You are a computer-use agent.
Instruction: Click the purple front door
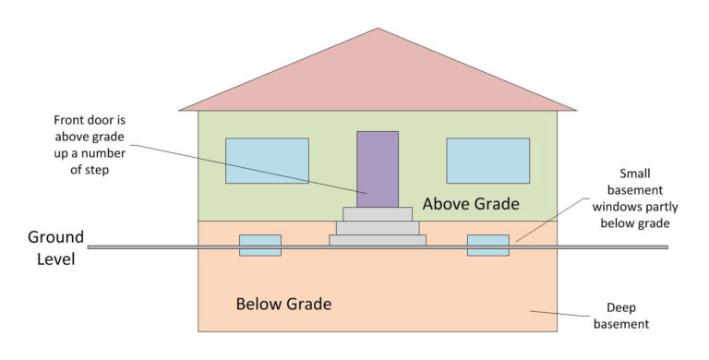tap(378, 169)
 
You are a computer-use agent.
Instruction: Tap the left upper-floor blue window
tap(267, 161)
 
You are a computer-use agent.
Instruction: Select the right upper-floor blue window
tap(487, 161)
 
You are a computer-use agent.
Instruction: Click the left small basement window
tap(260, 245)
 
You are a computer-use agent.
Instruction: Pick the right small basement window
tap(487, 245)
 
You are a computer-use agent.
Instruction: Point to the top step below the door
tap(378, 214)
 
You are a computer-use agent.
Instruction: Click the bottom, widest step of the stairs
tap(378, 240)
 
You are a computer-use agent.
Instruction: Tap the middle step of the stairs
tap(378, 227)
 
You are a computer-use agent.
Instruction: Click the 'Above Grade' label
tap(471, 203)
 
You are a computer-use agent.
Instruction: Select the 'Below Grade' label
tap(284, 304)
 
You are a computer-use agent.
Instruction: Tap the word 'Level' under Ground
tap(51, 259)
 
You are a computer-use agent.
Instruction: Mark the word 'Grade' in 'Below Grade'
tap(309, 304)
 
